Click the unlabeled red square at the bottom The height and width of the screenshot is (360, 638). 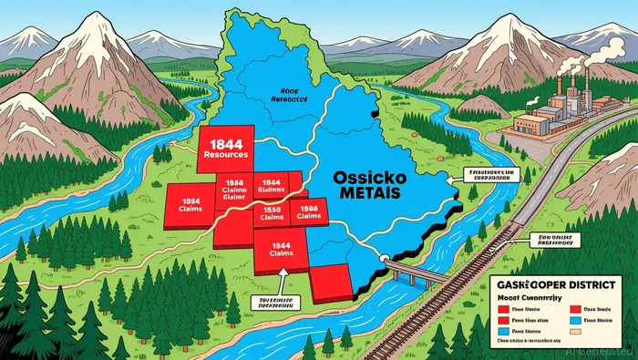331,283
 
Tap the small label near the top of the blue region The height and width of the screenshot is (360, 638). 290,97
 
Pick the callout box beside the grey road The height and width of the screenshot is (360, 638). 559,241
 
